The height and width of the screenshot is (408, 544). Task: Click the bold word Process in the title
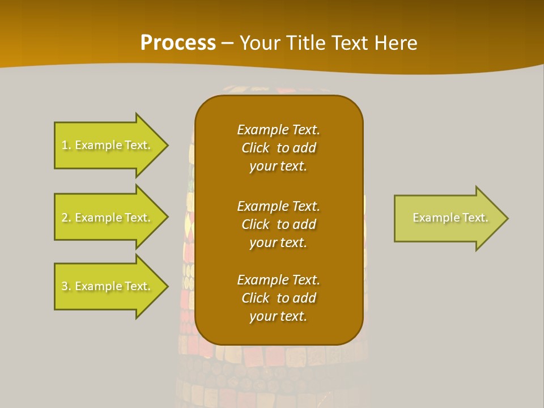(178, 43)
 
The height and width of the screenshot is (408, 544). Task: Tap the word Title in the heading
(304, 43)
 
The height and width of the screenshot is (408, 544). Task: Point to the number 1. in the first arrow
(66, 146)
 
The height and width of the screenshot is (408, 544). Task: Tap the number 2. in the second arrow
(66, 218)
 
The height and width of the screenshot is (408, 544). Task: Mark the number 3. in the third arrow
(66, 287)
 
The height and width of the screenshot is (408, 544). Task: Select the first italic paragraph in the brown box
(278, 148)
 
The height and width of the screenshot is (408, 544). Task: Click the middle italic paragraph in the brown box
(278, 224)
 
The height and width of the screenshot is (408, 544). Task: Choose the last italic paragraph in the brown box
(278, 298)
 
